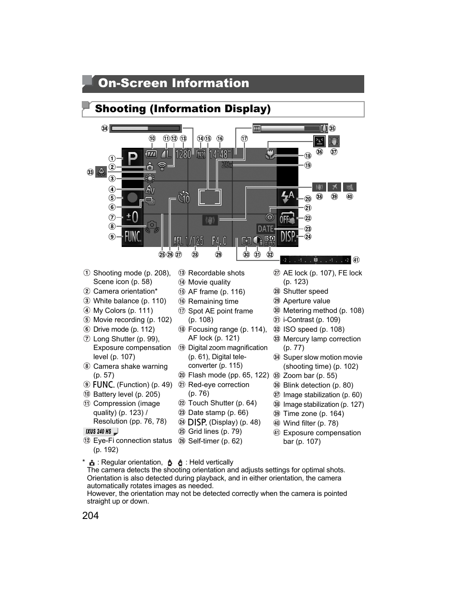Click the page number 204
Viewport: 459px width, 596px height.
[x=90, y=516]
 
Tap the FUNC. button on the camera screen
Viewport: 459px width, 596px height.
[x=132, y=236]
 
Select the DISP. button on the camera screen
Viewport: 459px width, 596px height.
[x=288, y=236]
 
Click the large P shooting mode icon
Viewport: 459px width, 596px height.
[x=132, y=158]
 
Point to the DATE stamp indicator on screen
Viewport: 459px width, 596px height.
[x=266, y=229]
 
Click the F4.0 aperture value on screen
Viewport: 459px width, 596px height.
[x=219, y=240]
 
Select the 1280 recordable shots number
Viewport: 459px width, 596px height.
[x=183, y=154]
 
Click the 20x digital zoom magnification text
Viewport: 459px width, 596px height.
[x=227, y=165]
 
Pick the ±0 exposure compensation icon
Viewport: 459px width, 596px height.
[x=132, y=217]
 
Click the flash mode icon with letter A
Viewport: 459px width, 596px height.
[x=288, y=196]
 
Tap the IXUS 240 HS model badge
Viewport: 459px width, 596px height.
[x=100, y=431]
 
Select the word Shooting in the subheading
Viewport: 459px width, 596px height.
[x=120, y=109]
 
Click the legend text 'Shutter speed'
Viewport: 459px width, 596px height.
[x=306, y=291]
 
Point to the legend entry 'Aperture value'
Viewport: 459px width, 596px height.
[x=306, y=301]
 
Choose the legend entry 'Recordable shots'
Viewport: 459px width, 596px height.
[x=216, y=273]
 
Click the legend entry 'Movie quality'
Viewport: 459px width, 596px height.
[x=209, y=282]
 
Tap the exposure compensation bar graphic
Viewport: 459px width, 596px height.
[x=316, y=260]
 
